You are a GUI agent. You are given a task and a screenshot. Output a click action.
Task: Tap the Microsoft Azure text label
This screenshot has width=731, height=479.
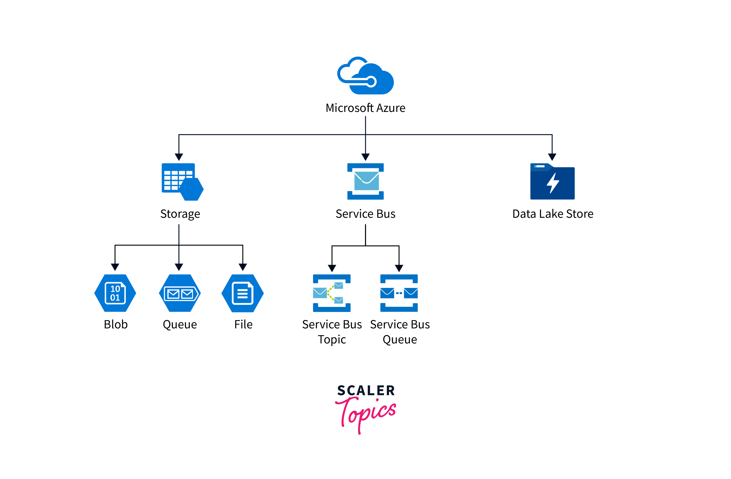[x=365, y=108]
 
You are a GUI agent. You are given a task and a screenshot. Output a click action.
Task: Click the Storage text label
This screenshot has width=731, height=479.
[x=180, y=214]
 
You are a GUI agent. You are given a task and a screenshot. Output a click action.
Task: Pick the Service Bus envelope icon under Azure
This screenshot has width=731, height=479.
[x=365, y=181]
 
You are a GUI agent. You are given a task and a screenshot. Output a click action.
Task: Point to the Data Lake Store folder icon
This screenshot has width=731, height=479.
[x=552, y=182]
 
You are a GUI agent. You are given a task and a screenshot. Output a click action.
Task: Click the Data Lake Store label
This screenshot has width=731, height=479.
[x=553, y=214]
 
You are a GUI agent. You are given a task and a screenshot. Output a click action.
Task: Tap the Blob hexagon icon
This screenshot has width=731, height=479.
[x=115, y=293]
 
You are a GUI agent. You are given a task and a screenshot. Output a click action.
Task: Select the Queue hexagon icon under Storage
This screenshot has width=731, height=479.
[x=180, y=293]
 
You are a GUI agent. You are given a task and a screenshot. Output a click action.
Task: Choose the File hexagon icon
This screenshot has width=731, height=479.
[x=243, y=293]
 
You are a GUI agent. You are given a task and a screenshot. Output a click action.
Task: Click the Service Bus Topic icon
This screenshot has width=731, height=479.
[x=332, y=293]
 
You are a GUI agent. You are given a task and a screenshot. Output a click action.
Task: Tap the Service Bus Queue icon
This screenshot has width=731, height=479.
[x=399, y=293]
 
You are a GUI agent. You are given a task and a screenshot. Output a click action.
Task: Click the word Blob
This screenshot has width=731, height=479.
[x=115, y=324]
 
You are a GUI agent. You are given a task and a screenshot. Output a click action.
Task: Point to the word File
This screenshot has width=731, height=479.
[x=243, y=324]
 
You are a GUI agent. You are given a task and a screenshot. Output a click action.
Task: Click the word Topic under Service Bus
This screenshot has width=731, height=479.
[x=332, y=339]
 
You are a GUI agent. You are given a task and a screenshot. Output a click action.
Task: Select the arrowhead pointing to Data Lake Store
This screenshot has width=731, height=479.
[x=552, y=157]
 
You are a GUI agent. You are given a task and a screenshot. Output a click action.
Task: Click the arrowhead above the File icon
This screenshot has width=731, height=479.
[x=243, y=267]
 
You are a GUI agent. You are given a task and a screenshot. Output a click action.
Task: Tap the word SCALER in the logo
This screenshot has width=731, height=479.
[x=366, y=391]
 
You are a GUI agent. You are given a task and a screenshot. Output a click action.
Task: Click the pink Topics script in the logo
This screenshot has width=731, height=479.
[x=367, y=414]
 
